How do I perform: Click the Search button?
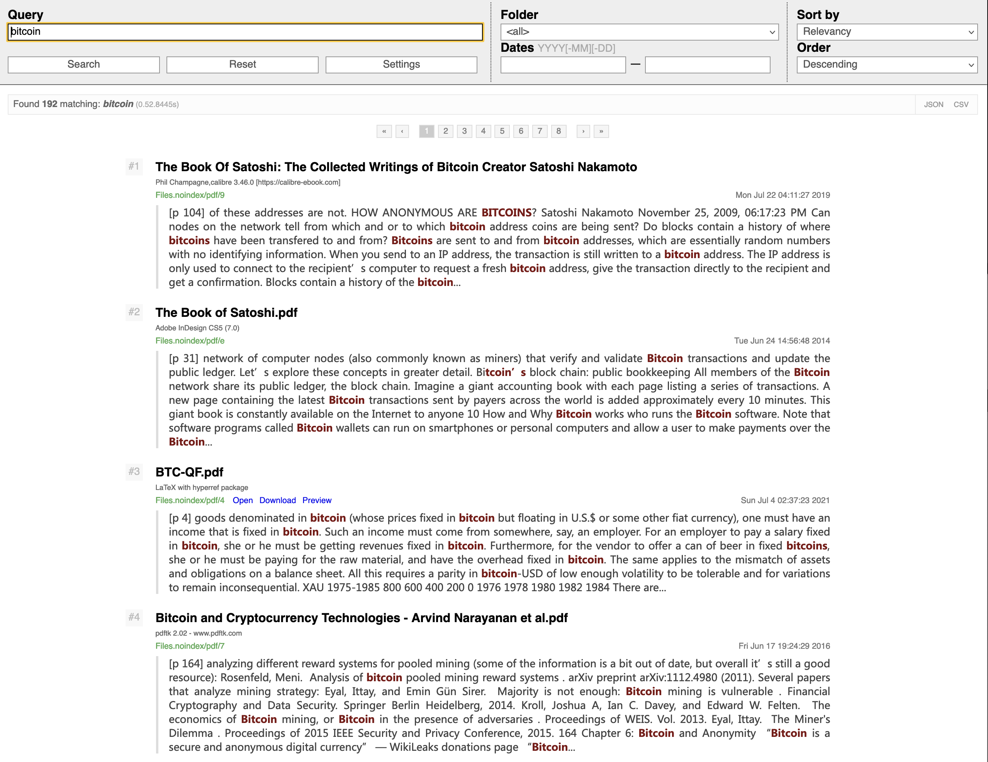click(84, 64)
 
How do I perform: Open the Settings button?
click(401, 64)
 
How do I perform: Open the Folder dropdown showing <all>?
click(639, 32)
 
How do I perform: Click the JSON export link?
click(933, 105)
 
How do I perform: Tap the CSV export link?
click(961, 105)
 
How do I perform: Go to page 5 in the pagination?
click(502, 131)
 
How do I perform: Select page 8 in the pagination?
click(558, 131)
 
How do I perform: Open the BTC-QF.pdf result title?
click(189, 472)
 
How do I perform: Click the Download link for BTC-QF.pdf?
click(277, 500)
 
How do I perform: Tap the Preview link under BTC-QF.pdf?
click(317, 500)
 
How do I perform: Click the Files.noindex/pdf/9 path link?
click(190, 195)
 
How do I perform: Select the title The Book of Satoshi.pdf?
click(226, 313)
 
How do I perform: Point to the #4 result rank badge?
click(134, 617)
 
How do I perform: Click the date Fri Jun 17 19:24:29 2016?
click(784, 646)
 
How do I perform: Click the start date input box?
click(563, 65)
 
